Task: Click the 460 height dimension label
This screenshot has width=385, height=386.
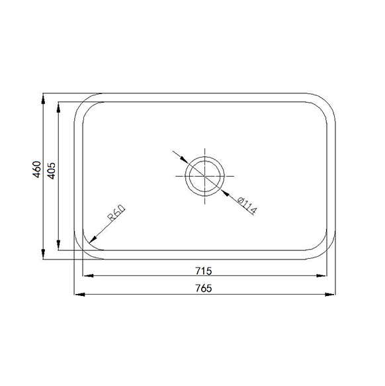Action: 36,169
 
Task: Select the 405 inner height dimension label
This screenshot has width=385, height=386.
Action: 51,171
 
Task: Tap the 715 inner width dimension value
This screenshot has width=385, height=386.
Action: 204,271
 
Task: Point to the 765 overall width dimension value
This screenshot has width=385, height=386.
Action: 204,288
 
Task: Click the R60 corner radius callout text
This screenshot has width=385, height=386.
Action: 116,213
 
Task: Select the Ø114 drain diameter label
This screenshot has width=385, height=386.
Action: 247,205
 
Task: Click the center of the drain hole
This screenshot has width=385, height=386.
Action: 204,176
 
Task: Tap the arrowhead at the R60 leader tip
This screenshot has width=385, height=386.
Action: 93,239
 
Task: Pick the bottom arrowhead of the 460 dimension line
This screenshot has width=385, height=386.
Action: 43,254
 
